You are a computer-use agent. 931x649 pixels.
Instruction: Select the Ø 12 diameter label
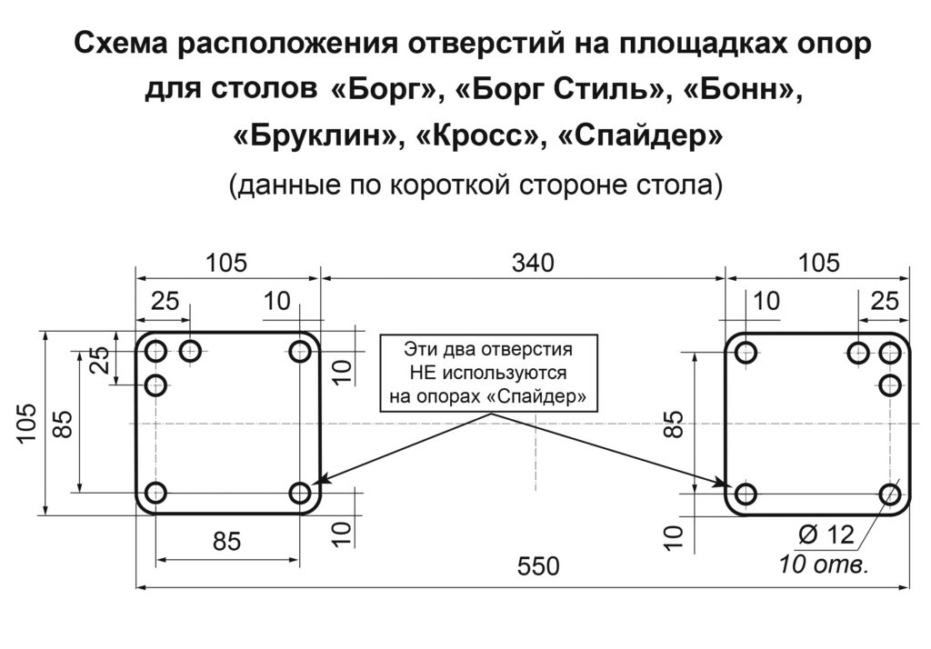coord(827,535)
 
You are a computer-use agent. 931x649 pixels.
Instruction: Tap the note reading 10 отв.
coord(824,564)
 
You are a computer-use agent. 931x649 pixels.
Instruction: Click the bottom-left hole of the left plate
coord(155,494)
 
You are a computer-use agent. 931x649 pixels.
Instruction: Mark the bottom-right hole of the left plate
coord(300,494)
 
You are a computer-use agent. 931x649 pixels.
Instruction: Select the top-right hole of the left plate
coord(300,351)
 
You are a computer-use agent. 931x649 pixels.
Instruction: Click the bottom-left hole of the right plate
coord(746,494)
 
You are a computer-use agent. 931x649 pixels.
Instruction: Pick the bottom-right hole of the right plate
coord(890,494)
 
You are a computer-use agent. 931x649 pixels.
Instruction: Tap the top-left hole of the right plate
coord(746,351)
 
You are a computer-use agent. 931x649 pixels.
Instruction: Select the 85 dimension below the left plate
coord(227,541)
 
